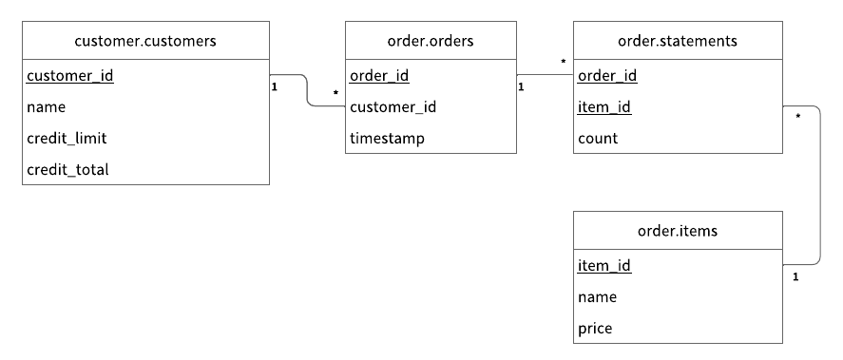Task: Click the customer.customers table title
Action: tap(145, 40)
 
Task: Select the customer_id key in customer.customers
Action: tap(70, 76)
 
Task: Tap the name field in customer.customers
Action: tap(46, 107)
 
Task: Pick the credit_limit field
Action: tap(67, 139)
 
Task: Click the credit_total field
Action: tap(67, 170)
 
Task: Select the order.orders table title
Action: tap(431, 40)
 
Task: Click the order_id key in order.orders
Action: tap(379, 76)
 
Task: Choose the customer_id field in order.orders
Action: tap(393, 107)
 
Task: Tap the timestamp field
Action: tap(387, 139)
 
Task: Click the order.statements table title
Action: tap(678, 40)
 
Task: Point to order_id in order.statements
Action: tap(607, 76)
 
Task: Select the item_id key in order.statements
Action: tap(604, 107)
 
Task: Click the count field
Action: tap(598, 139)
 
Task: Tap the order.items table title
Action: tap(678, 230)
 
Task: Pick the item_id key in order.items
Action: tap(604, 266)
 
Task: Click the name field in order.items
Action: tap(597, 297)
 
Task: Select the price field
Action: tap(595, 329)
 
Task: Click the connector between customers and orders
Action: tap(307, 91)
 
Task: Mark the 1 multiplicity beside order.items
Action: tap(795, 277)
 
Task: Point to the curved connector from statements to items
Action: tap(819, 185)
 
